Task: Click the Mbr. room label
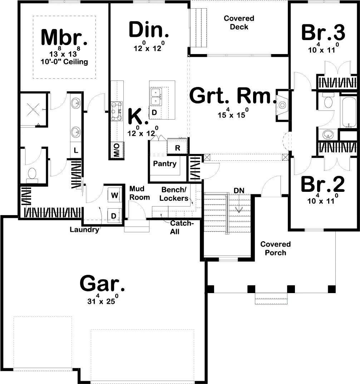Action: (64, 37)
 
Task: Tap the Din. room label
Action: (149, 30)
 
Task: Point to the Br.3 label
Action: (323, 32)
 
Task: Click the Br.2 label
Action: (322, 184)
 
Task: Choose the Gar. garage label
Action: (102, 283)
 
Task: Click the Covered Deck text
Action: (239, 23)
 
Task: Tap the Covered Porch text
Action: (275, 248)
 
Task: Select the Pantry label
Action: (164, 164)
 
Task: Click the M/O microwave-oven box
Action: (117, 150)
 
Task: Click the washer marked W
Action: (115, 195)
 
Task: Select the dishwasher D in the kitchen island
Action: (154, 113)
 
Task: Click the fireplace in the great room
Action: (282, 105)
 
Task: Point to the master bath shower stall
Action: (33, 110)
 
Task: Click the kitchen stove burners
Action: (117, 111)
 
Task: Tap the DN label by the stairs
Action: (239, 190)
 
